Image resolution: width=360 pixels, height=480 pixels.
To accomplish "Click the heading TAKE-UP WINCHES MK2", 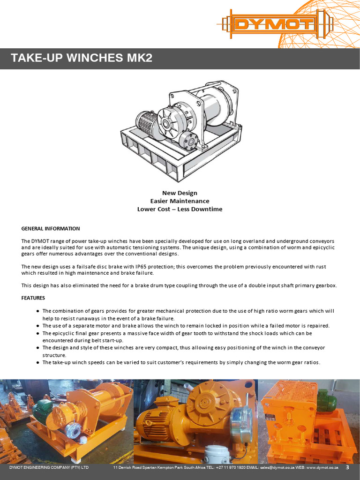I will (x=82, y=58).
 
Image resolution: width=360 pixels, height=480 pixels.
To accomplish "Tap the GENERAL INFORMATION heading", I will (x=51, y=229).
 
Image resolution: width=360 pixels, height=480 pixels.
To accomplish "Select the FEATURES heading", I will (x=34, y=298).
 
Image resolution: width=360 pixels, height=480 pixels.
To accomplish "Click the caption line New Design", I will (x=180, y=193).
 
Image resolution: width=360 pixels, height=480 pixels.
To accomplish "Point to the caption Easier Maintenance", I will (x=180, y=201).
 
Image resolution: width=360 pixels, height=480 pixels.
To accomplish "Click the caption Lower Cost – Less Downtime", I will (x=180, y=209).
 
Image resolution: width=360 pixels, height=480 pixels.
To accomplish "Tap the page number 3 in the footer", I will (x=347, y=467).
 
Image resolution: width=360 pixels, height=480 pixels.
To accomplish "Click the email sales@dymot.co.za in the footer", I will (x=272, y=468).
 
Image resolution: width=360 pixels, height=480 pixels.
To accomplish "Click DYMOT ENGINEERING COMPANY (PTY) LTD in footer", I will (x=49, y=468).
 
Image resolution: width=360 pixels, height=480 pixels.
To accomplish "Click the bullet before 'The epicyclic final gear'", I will (x=37, y=333).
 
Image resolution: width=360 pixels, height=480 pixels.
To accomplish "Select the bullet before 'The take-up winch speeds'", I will (x=37, y=362).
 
